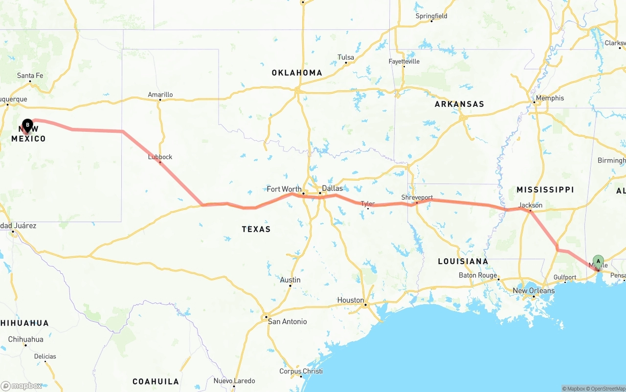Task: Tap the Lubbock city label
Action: (160, 157)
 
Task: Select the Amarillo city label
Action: (160, 95)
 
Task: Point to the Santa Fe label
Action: (30, 76)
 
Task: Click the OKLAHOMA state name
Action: (297, 73)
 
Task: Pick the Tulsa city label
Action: (346, 58)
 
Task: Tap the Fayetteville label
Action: (404, 62)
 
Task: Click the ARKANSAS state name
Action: (459, 104)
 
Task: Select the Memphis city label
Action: (550, 98)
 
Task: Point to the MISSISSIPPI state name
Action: (545, 189)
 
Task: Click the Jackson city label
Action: (531, 205)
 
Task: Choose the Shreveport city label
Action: (417, 198)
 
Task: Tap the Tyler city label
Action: (368, 204)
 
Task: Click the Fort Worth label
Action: (284, 189)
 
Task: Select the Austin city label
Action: (290, 280)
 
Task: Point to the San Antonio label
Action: (287, 321)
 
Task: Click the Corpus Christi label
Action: (301, 371)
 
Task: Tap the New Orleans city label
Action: (533, 290)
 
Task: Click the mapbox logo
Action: (22, 386)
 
